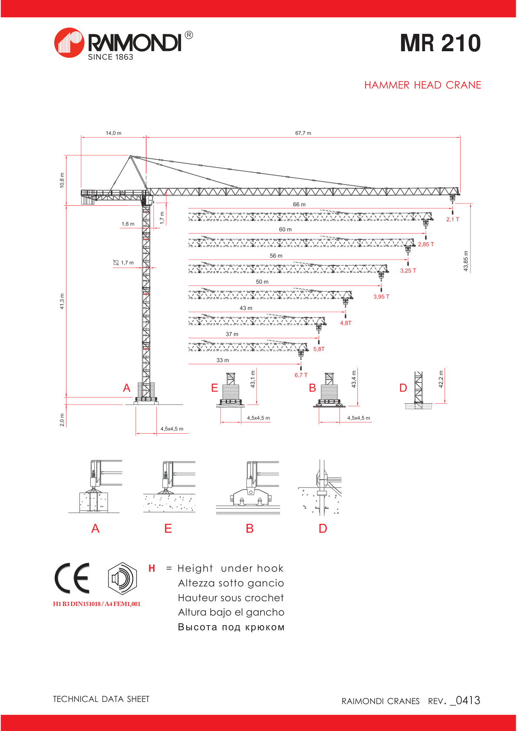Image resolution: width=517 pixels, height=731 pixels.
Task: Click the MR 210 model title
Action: [440, 43]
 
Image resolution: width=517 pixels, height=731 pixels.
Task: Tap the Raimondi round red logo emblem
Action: [69, 43]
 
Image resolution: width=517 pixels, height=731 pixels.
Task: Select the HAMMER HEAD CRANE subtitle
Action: [422, 85]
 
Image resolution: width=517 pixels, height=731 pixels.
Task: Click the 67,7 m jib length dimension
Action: [303, 133]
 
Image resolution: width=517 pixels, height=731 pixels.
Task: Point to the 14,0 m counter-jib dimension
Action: [113, 133]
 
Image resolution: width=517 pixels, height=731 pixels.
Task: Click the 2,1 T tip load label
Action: [452, 220]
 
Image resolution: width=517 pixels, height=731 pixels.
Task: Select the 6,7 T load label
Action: [301, 375]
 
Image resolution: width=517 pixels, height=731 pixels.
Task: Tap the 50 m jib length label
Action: [262, 282]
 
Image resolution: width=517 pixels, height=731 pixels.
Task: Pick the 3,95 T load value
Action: [381, 297]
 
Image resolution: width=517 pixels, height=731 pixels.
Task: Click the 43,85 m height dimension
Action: [466, 261]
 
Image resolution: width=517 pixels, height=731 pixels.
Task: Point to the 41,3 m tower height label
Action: [62, 301]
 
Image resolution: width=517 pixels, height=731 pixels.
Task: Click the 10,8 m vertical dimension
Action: [62, 180]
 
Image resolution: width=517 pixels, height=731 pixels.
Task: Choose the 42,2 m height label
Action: [441, 379]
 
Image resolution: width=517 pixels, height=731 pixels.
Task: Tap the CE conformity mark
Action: [72, 578]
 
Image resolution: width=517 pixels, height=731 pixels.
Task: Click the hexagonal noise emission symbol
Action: [122, 578]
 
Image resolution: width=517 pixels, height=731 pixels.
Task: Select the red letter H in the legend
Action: [151, 569]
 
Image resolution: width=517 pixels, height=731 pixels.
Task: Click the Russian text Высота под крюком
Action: [231, 627]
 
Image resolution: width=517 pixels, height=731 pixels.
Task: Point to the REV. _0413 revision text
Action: [454, 701]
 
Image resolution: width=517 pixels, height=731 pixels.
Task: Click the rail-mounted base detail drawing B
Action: [248, 488]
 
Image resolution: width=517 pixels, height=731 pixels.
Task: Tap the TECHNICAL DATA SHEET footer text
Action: [101, 699]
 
